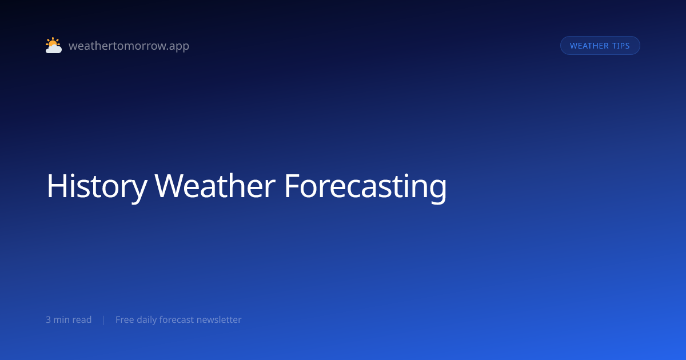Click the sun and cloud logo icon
tap(54, 45)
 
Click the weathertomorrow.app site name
tap(129, 46)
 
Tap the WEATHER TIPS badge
tap(600, 46)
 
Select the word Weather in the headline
tap(215, 186)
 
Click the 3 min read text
tap(69, 319)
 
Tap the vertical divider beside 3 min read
tap(104, 320)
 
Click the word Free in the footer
tap(125, 319)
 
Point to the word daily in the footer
tap(146, 320)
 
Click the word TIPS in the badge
tap(621, 46)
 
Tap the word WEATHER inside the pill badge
tap(589, 46)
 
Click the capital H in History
tap(56, 186)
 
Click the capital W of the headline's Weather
tap(169, 186)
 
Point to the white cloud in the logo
tap(54, 49)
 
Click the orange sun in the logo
tap(53, 42)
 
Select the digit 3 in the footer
tap(48, 320)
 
